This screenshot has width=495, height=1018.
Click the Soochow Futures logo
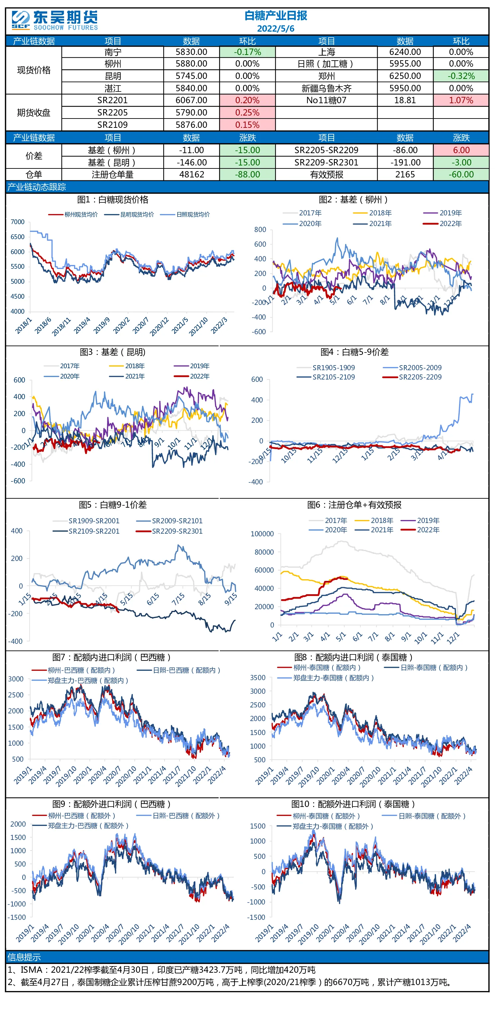55,21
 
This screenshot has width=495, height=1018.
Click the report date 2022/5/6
276,28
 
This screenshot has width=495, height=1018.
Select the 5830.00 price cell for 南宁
191,52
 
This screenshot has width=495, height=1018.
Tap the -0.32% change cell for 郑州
461,76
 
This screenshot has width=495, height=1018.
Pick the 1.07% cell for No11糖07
461,101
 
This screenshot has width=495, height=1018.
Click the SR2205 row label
112,113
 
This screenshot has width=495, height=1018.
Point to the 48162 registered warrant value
191,174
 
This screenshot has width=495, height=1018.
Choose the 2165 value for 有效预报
405,174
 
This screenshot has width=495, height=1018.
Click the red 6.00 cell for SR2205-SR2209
461,150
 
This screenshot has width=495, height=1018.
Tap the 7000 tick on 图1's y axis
17,222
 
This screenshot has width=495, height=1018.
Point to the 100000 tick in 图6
262,534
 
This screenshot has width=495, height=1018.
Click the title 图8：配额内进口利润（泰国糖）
353,657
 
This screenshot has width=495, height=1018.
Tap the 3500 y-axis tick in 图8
258,677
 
